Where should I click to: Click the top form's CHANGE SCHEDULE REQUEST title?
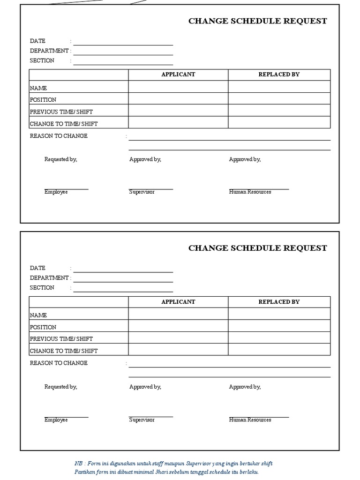point(257,21)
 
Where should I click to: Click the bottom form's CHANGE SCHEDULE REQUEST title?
point(257,248)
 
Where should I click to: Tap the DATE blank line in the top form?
point(123,45)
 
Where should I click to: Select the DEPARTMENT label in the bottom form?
point(49,278)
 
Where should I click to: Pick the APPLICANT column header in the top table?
point(178,75)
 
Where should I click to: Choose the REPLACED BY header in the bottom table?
point(279,302)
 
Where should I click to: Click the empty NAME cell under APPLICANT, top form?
point(178,87)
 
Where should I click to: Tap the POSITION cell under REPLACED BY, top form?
point(279,99)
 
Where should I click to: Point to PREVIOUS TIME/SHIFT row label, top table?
point(61,112)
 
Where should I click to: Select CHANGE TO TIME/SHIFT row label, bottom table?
point(64,351)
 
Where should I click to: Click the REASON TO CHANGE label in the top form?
point(59,136)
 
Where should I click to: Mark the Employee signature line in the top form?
point(66,189)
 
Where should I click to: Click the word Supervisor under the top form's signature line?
point(142,192)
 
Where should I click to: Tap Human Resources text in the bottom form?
point(250,420)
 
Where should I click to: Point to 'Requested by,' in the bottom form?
point(60,387)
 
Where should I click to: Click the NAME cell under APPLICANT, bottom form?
point(178,314)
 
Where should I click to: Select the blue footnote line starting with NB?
point(173,464)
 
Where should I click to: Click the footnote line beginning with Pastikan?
point(166,472)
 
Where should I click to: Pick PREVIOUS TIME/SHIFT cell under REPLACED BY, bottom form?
point(279,338)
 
